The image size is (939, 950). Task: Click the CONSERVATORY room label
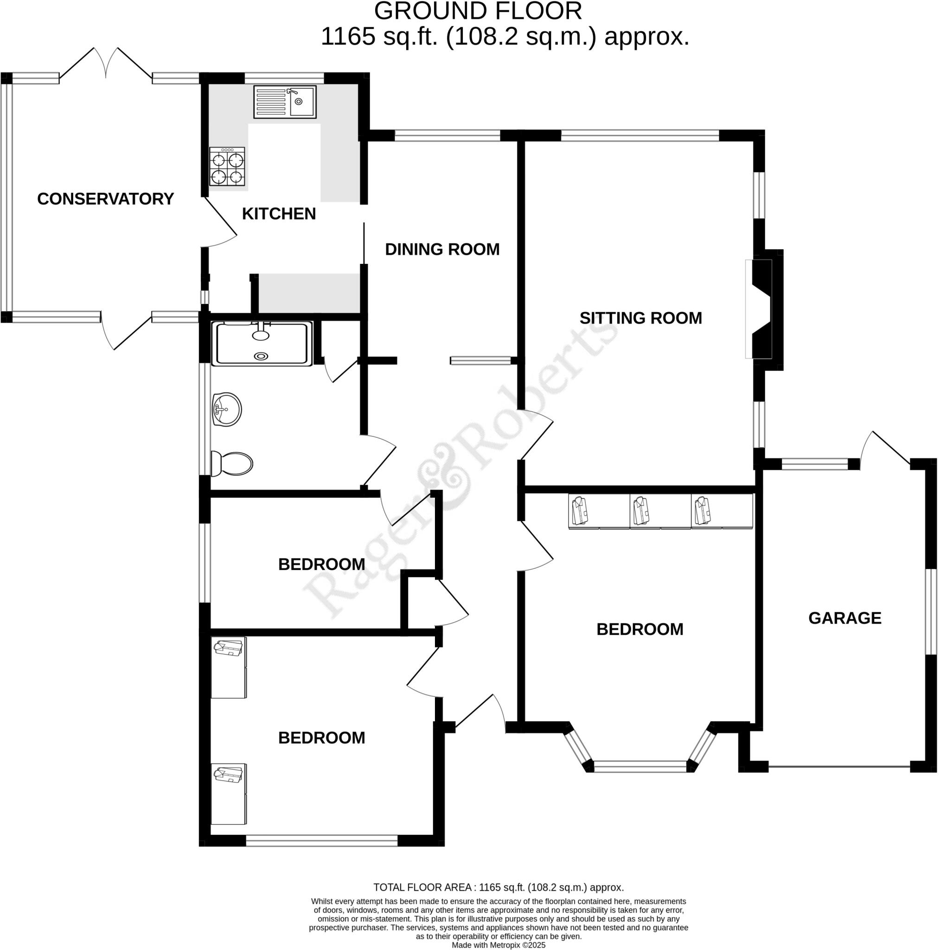tap(105, 199)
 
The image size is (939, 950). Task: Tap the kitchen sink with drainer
tap(285, 102)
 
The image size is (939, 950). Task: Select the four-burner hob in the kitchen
tap(227, 167)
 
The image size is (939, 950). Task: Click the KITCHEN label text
tap(279, 213)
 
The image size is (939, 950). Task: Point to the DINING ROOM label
tap(442, 249)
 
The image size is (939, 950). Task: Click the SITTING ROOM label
tap(640, 318)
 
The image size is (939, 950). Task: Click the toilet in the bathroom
tap(231, 463)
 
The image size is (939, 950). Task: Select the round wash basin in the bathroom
tap(227, 409)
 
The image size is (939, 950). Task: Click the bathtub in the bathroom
tap(262, 343)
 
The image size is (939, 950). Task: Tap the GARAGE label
tap(844, 617)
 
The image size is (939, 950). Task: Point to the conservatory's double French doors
tap(106, 64)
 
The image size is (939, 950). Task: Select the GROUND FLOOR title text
tap(478, 11)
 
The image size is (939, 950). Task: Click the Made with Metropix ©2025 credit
tap(498, 944)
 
